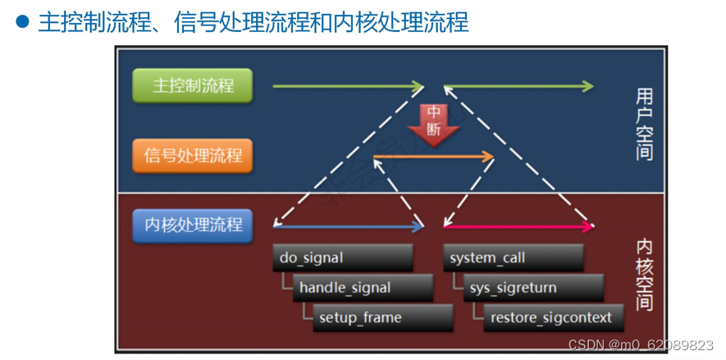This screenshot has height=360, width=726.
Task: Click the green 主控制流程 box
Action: click(192, 85)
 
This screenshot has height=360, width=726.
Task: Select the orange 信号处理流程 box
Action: click(192, 155)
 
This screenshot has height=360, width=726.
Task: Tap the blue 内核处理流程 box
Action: click(192, 224)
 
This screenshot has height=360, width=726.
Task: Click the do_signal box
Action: click(342, 257)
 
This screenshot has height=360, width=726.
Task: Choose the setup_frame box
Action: click(382, 317)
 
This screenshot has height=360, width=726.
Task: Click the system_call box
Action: click(513, 257)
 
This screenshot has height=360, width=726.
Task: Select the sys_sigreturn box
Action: click(532, 288)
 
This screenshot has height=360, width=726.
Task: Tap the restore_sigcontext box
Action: click(551, 317)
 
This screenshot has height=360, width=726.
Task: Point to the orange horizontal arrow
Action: click(433, 157)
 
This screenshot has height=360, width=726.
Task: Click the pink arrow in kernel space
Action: click(518, 226)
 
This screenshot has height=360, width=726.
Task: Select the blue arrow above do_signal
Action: click(349, 226)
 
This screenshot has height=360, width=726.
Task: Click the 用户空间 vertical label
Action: click(644, 123)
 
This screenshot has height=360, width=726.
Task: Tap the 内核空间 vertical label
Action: click(644, 275)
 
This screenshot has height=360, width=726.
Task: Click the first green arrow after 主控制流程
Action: click(347, 85)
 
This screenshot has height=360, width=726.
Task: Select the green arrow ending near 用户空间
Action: click(518, 85)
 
